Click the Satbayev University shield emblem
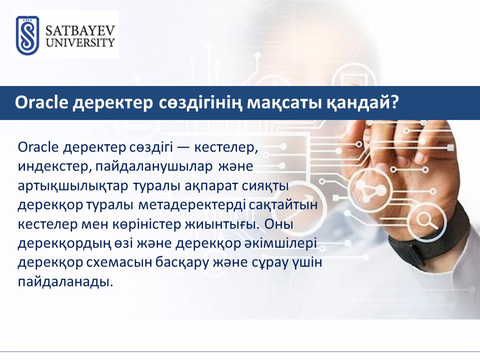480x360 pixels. tap(27, 35)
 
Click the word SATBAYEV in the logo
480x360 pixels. tap(80, 31)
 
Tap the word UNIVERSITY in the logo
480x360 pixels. tap(80, 43)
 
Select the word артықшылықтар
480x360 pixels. tap(73, 186)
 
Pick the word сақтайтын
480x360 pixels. tap(283, 205)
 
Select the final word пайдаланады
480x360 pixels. tap(65, 282)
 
